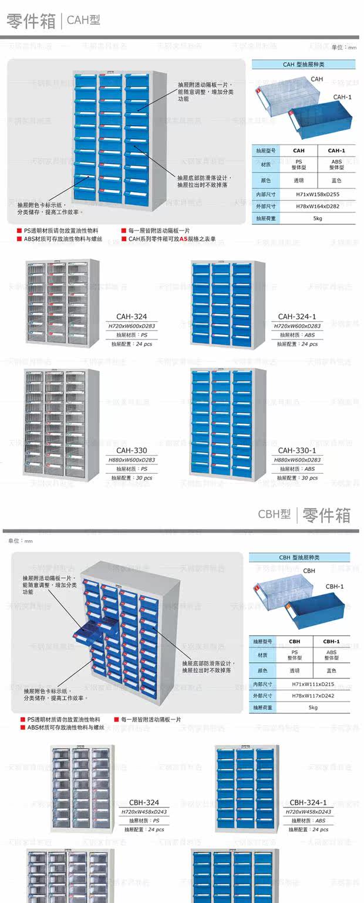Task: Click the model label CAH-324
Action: [132, 316]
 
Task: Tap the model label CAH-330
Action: [132, 450]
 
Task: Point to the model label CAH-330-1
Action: [297, 450]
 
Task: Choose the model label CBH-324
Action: [144, 803]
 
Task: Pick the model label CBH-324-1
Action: [308, 803]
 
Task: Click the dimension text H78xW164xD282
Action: [318, 206]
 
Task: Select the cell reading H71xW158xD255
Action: [318, 194]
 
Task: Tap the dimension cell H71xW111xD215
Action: [313, 685]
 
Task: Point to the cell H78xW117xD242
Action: [313, 696]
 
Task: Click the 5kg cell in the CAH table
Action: [318, 218]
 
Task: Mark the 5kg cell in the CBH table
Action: [313, 708]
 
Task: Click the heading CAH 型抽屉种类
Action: [304, 65]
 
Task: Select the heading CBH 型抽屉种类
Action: [299, 558]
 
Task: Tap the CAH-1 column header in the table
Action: [336, 151]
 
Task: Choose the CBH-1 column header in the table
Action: [331, 642]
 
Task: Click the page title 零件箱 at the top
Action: [31, 21]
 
